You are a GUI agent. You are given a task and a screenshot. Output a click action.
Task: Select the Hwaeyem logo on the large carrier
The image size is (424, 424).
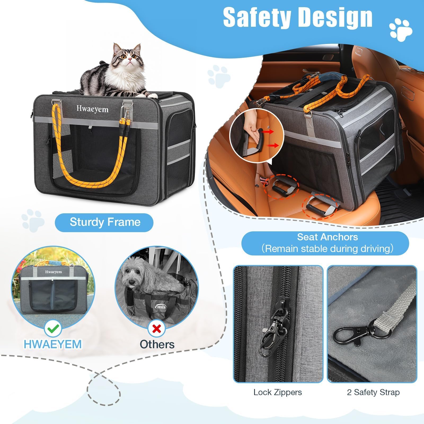click(92, 109)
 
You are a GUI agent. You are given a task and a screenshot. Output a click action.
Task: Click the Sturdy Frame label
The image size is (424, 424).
click(105, 222)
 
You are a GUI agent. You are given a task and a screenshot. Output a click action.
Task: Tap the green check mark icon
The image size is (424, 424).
click(53, 329)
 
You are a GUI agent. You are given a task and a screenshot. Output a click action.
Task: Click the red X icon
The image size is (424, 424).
click(157, 329)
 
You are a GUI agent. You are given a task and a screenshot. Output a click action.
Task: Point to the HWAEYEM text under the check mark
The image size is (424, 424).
click(53, 344)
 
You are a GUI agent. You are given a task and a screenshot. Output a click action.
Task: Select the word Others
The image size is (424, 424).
click(157, 344)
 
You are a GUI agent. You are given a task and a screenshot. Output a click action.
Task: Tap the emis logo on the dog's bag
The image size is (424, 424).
click(161, 307)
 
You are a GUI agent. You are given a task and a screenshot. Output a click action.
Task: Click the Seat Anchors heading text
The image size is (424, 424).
click(327, 237)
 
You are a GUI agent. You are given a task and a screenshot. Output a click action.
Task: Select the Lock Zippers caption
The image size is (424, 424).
click(278, 392)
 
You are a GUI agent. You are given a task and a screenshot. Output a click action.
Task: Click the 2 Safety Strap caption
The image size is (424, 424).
click(373, 392)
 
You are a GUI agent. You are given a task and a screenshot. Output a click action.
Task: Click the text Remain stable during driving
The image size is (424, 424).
click(327, 249)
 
